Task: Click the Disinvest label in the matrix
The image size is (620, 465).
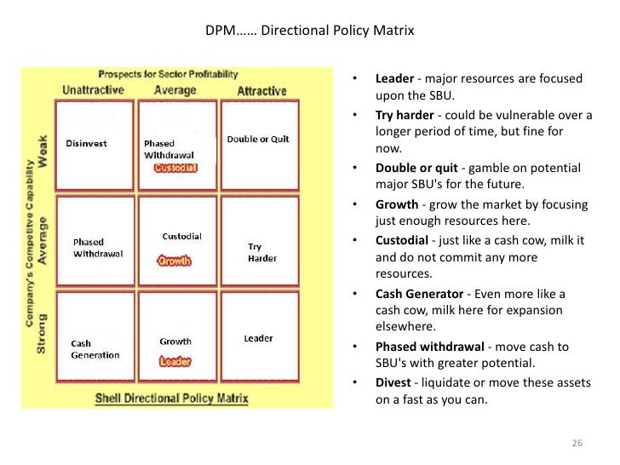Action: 86,143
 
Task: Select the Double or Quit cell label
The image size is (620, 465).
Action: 258,139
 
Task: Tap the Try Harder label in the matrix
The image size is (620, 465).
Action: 262,252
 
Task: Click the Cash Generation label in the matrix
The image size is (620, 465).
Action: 95,349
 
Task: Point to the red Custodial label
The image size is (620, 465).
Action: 175,168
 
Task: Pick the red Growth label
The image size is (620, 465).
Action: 174,261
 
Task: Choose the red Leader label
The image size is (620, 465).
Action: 175,361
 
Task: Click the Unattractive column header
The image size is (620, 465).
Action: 94,90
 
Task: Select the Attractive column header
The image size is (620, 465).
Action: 261,90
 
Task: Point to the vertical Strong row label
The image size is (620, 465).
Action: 42,337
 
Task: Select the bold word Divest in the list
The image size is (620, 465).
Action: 393,383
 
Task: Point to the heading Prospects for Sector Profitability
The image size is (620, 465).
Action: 167,74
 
